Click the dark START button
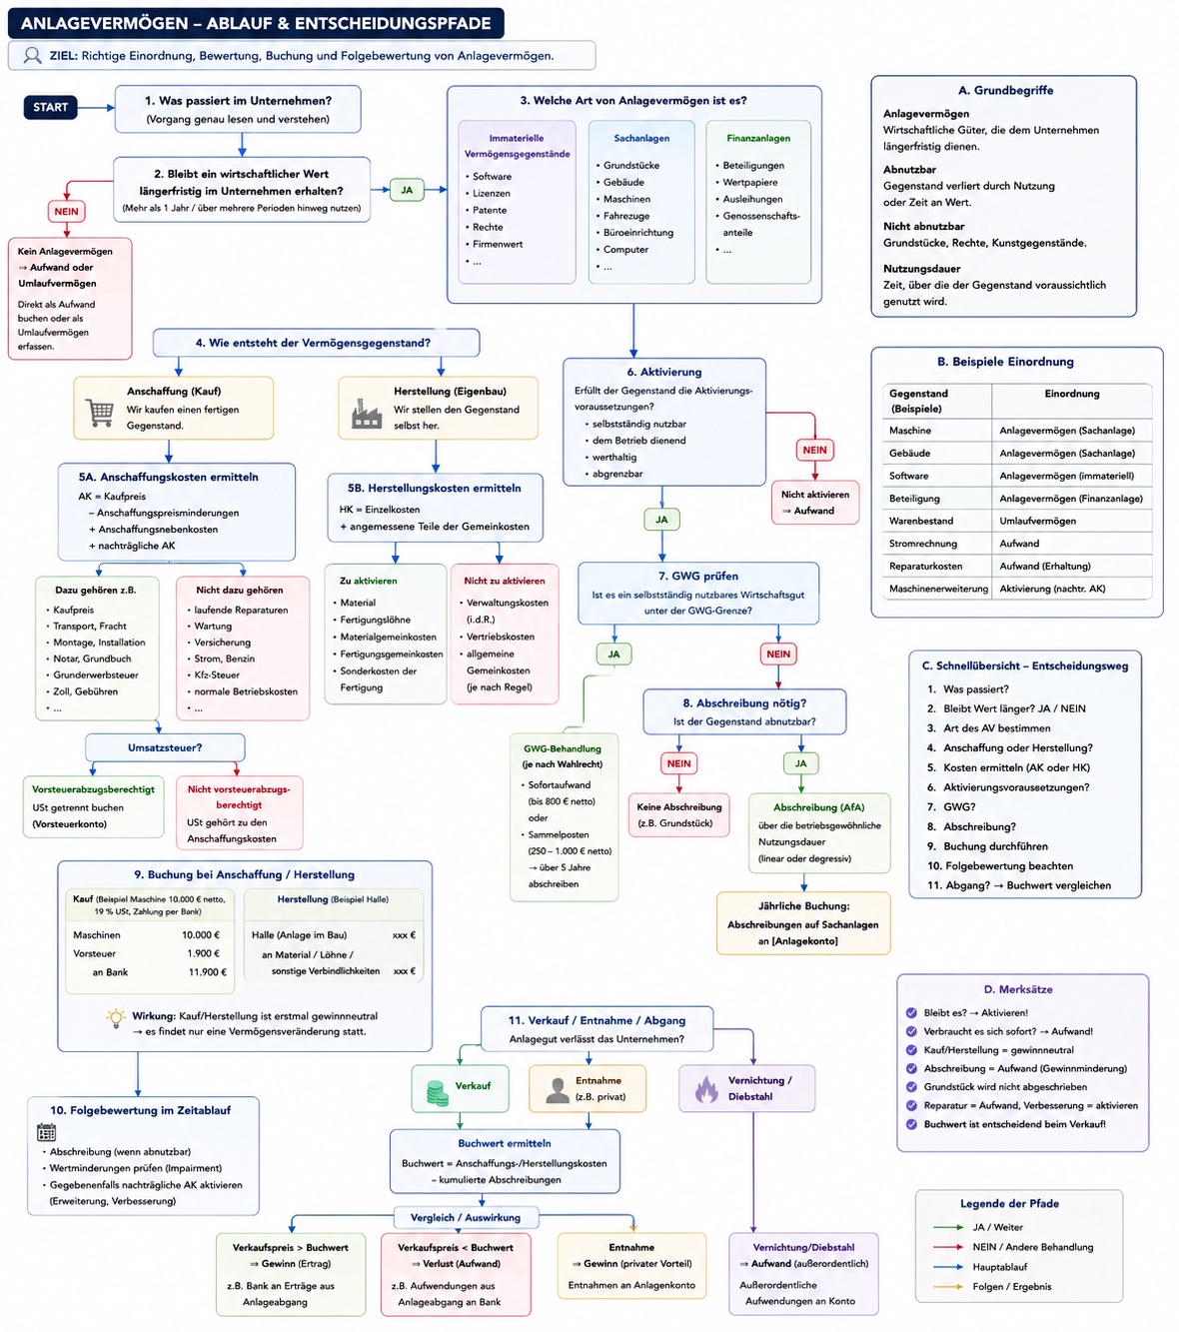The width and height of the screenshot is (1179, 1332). click(x=50, y=107)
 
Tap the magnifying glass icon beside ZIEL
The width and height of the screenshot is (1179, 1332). click(x=32, y=55)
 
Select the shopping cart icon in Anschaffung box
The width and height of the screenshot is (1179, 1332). click(x=99, y=413)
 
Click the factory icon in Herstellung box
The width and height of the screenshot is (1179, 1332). click(x=366, y=413)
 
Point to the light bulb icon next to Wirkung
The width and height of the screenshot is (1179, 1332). click(x=116, y=1018)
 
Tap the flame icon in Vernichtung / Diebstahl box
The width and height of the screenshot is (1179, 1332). click(x=706, y=1089)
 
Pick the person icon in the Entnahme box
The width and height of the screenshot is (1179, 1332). click(x=557, y=1090)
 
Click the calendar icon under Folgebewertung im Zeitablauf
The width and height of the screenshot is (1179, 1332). click(x=47, y=1131)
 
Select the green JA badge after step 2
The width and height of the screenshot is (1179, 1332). click(x=407, y=190)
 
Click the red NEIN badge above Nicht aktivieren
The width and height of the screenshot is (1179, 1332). click(x=814, y=450)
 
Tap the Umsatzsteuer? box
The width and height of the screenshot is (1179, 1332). click(x=165, y=747)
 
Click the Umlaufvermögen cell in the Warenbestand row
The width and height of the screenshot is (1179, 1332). click(x=1038, y=521)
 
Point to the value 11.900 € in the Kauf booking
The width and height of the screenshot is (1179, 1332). click(x=207, y=971)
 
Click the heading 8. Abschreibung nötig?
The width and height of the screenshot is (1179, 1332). click(x=743, y=702)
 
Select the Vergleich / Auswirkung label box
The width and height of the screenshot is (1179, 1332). click(x=466, y=1217)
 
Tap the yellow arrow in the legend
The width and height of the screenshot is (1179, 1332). click(x=947, y=1287)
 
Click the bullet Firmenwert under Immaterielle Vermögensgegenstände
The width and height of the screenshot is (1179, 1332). click(x=494, y=244)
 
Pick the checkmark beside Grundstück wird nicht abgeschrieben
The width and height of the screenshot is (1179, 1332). click(x=910, y=1087)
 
